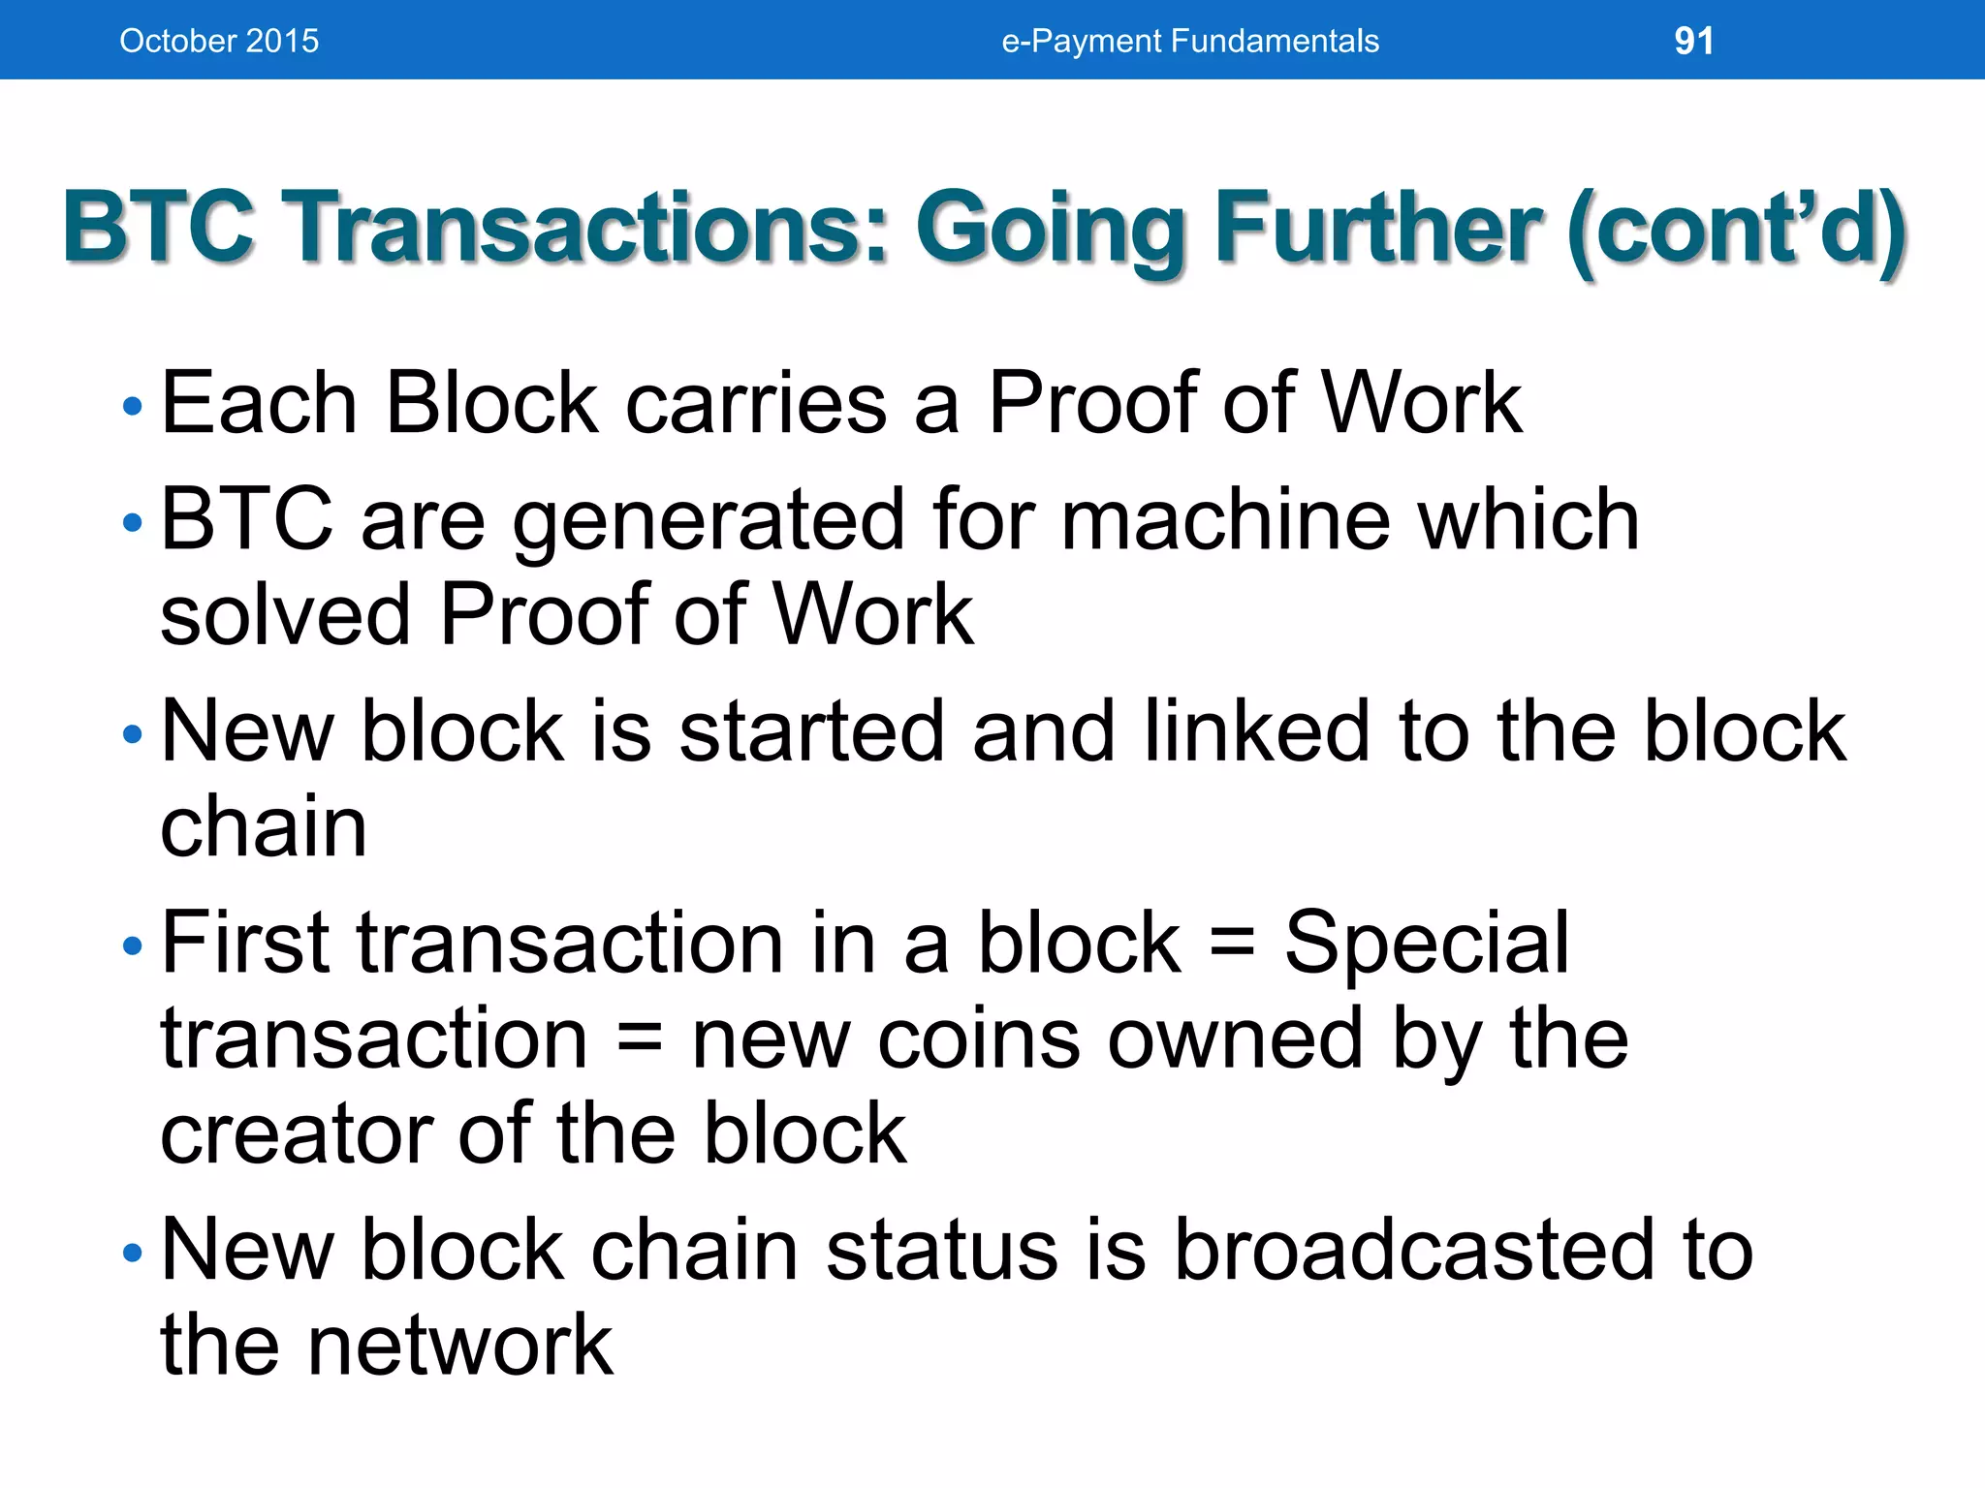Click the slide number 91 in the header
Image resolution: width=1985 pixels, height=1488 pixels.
click(1693, 41)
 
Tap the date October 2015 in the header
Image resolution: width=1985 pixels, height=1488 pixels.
click(219, 41)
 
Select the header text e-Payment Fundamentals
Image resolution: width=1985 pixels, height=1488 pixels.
click(1189, 41)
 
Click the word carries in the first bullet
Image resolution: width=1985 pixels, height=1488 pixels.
click(755, 403)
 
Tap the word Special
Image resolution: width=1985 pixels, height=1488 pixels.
click(1426, 945)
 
